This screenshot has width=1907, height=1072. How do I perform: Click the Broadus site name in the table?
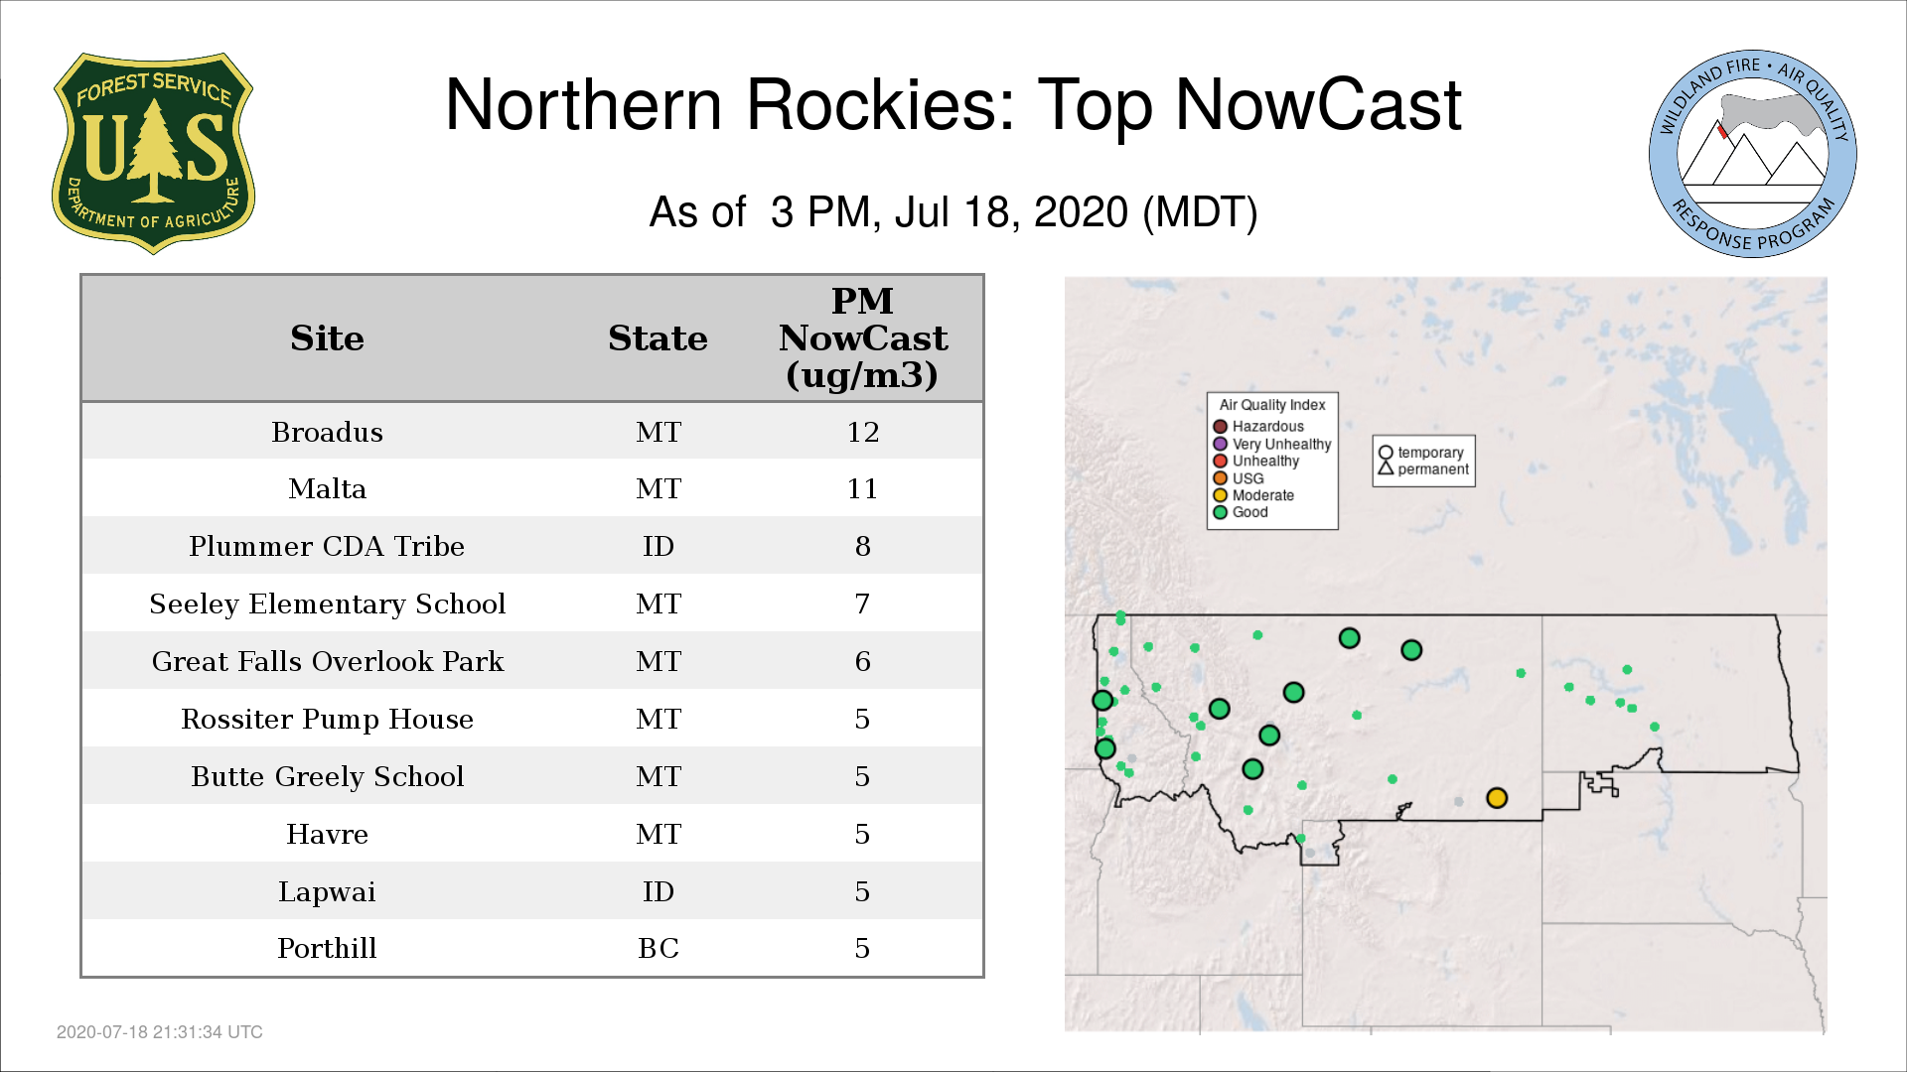(327, 432)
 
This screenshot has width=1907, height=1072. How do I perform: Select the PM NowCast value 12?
(862, 432)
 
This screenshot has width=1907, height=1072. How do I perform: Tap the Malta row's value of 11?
(862, 488)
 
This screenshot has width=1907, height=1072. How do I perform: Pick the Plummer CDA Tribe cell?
(327, 546)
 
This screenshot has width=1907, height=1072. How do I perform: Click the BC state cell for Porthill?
(659, 948)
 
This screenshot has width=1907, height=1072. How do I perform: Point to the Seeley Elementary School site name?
(327, 603)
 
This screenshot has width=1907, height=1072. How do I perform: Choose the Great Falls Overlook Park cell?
(327, 661)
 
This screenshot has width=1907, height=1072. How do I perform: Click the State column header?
(658, 338)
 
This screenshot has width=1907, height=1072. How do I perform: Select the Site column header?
(327, 338)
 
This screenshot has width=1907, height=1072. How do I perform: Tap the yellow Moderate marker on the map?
(1497, 798)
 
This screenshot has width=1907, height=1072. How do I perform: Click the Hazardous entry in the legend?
(1258, 427)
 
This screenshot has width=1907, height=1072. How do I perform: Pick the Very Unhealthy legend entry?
(1272, 444)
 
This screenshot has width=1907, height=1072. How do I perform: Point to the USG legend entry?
(1239, 478)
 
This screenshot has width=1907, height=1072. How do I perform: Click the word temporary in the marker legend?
(1430, 453)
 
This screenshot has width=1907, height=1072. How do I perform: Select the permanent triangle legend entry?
(1423, 469)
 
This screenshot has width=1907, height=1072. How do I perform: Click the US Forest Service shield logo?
(153, 153)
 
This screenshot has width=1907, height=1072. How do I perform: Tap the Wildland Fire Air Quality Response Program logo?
(1753, 154)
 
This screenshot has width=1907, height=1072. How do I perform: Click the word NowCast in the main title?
(1318, 105)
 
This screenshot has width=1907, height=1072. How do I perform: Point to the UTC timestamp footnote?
(160, 1032)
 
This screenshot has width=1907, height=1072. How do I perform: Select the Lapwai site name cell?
(327, 891)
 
